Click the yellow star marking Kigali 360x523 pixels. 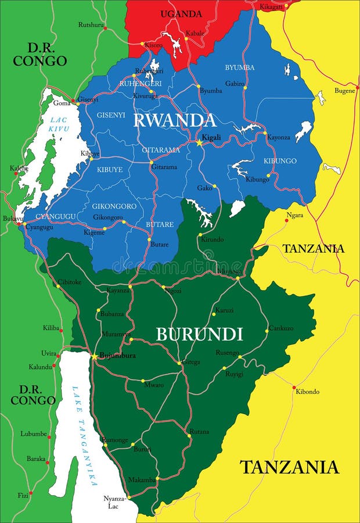[199, 142]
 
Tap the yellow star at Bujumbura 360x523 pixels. [94, 356]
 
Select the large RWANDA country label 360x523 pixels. [174, 120]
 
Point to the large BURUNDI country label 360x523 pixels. [199, 334]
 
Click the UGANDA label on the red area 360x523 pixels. [181, 14]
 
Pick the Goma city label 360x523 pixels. [62, 103]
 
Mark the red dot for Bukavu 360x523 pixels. [19, 224]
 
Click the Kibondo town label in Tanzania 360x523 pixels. [307, 392]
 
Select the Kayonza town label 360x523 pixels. [278, 137]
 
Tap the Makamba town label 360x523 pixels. [142, 480]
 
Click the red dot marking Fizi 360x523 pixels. [30, 493]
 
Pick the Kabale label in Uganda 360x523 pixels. [195, 33]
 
